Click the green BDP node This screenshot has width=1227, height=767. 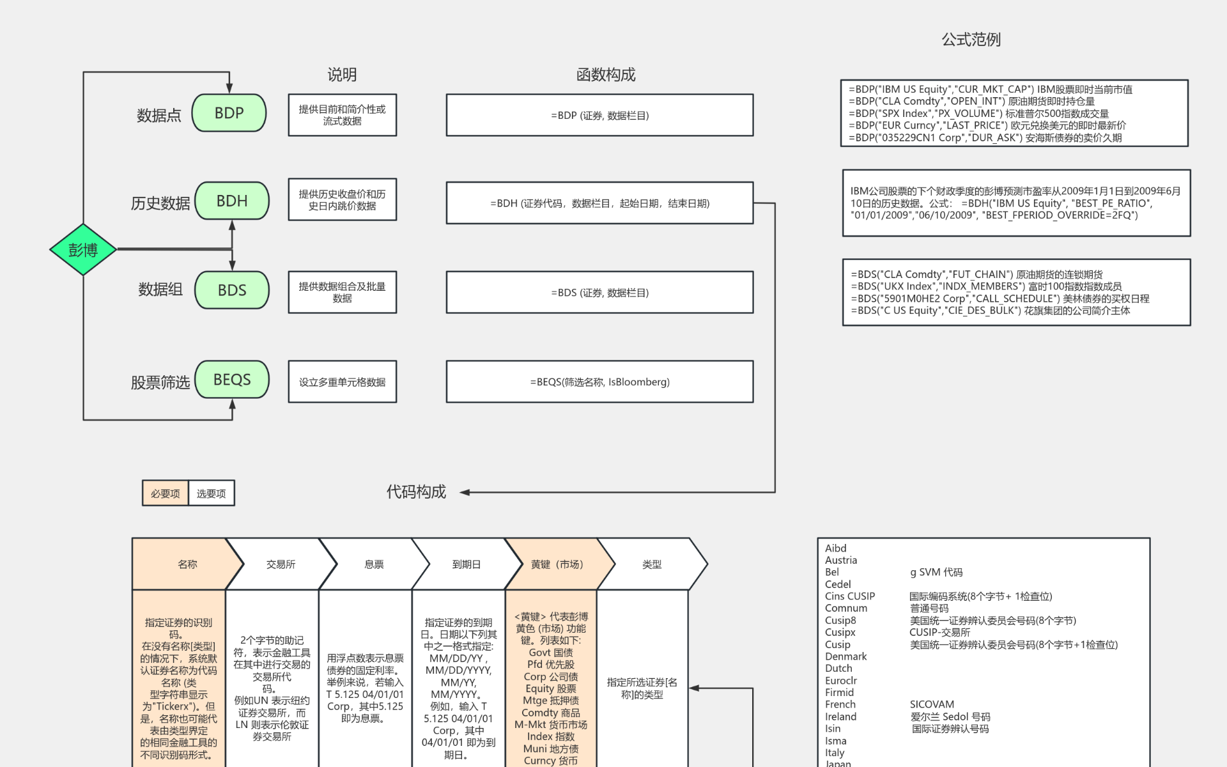coord(229,113)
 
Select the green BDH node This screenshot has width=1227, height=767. coord(231,201)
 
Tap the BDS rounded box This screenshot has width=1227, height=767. coord(231,290)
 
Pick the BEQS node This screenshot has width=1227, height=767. coord(231,380)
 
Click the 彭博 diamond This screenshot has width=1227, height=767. coord(83,249)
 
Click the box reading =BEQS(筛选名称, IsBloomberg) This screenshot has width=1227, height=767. coord(599,382)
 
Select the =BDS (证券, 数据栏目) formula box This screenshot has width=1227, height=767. coord(599,292)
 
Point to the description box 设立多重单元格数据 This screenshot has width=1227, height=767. coord(342,382)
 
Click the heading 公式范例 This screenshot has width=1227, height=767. coord(971,40)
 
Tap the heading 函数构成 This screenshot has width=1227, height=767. coord(605,75)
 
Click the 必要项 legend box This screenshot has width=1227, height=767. coord(166,493)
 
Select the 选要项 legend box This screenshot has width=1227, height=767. coord(212,493)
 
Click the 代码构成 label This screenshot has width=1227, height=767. coord(416,492)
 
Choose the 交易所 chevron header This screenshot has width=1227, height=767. coord(281,564)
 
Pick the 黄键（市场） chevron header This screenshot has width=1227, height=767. coord(557,564)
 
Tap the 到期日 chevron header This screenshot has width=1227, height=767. coord(466,564)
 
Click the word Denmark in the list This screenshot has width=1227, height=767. coord(845,656)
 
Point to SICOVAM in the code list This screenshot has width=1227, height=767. coord(932,704)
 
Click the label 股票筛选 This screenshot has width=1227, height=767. coord(160,382)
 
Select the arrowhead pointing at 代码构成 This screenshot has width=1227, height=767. coord(465,492)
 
